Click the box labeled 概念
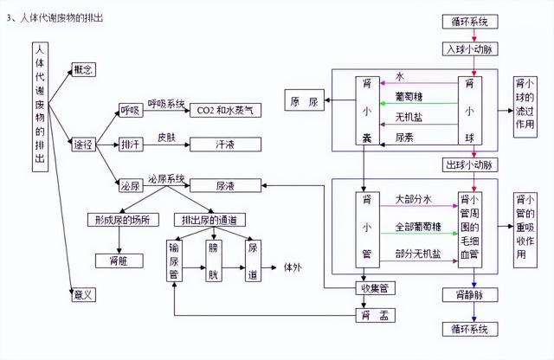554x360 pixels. [83, 69]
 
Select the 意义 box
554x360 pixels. [83, 294]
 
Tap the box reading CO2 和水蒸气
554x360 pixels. [225, 110]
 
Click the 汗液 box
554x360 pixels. [225, 145]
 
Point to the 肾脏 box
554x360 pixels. [119, 260]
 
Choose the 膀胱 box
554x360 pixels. [214, 260]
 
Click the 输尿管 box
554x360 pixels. [174, 260]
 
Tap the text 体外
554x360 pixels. [293, 267]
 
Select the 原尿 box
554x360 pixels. [304, 100]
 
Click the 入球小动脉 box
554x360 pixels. [470, 49]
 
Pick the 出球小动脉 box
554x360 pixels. [470, 165]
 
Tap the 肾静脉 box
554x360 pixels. [470, 294]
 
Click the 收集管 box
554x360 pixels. [375, 288]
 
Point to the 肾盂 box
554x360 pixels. [375, 315]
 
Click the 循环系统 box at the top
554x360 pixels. [470, 22]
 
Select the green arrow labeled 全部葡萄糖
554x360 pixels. [419, 233]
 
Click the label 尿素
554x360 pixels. [404, 138]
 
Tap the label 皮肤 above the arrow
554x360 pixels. [166, 138]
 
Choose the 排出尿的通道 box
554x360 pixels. [209, 220]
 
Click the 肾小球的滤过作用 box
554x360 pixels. [525, 106]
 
